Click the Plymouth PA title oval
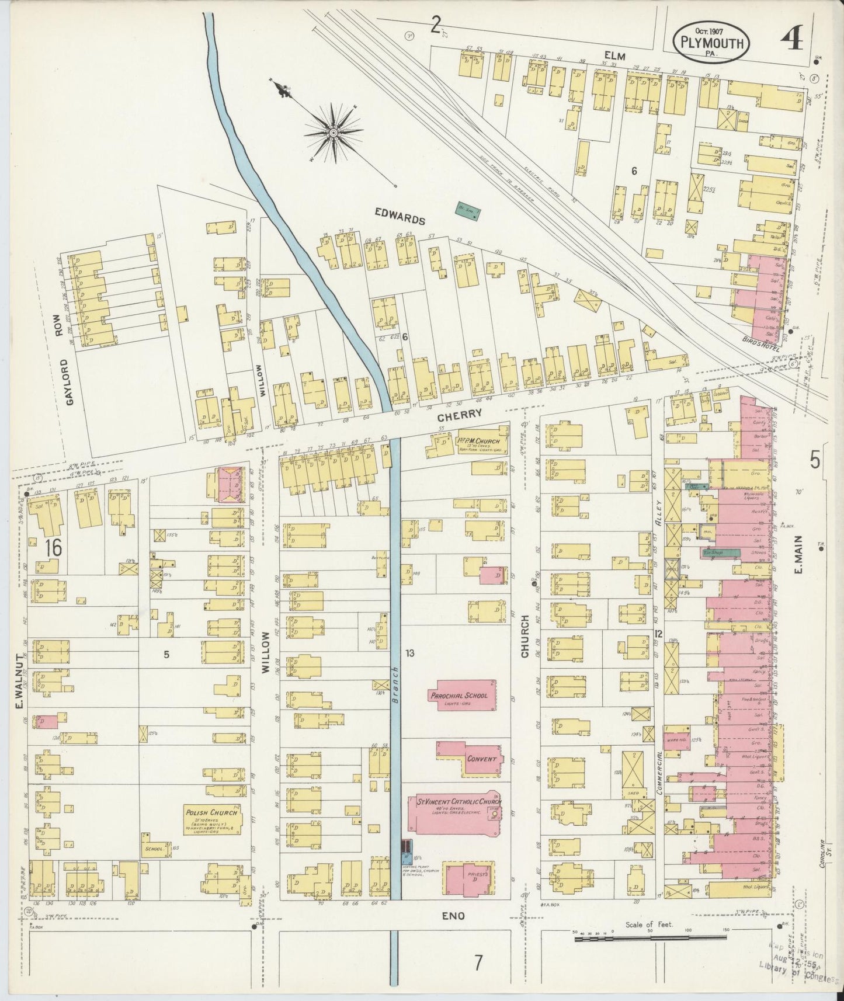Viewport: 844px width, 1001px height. (x=710, y=42)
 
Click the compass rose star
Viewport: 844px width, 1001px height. (x=333, y=133)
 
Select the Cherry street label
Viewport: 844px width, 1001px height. (x=461, y=413)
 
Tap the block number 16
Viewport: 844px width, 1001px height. (x=52, y=547)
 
